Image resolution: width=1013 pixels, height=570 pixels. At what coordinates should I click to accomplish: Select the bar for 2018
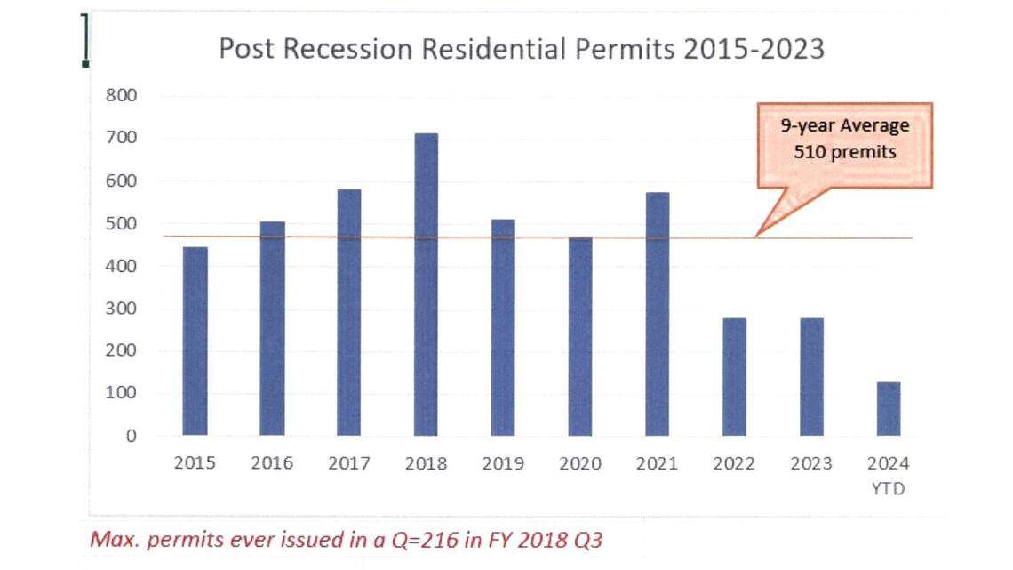click(426, 285)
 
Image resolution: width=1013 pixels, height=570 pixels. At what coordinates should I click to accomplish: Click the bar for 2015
click(195, 341)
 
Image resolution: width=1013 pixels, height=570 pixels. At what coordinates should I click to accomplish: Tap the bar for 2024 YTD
click(888, 409)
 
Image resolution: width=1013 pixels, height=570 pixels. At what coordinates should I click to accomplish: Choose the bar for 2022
click(734, 377)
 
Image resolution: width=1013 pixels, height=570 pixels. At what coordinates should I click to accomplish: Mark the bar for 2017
click(348, 312)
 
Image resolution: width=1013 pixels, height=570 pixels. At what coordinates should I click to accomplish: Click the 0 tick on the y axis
click(131, 436)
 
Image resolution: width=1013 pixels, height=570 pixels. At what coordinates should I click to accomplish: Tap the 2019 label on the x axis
click(503, 463)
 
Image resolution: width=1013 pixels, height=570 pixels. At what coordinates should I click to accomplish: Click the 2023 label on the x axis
click(810, 463)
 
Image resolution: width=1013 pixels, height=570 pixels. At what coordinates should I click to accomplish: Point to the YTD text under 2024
click(888, 488)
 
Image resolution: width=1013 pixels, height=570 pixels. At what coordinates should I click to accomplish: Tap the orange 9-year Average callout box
click(844, 145)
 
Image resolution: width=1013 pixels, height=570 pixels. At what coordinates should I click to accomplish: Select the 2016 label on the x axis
click(272, 463)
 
